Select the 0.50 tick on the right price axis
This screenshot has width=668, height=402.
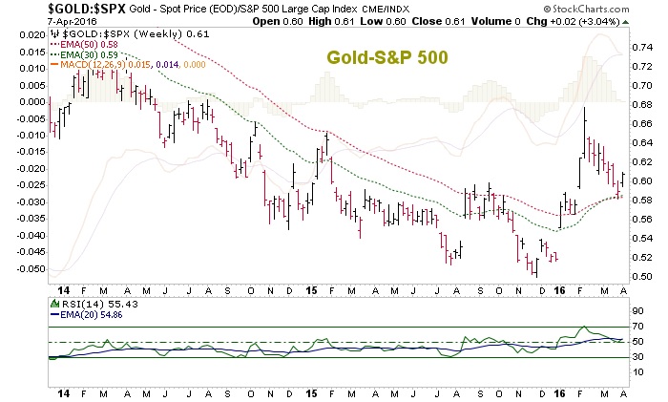[641, 277]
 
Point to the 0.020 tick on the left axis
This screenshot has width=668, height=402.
[29, 34]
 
